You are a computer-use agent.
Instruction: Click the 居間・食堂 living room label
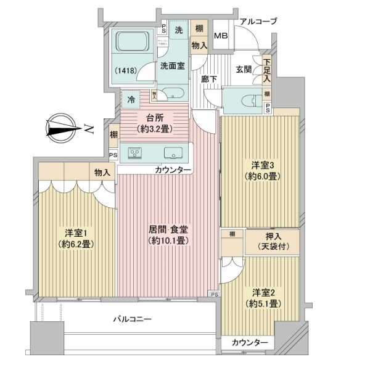click(168, 229)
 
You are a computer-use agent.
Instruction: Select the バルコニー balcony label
click(132, 319)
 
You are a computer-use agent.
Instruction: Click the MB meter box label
click(220, 35)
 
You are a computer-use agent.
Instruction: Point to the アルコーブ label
click(258, 22)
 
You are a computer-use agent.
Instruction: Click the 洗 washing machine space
click(178, 29)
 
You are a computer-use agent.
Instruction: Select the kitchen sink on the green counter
click(172, 154)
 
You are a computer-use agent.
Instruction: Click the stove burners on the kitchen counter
click(135, 154)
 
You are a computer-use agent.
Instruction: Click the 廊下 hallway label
click(208, 79)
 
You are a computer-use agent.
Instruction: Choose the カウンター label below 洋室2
click(250, 343)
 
